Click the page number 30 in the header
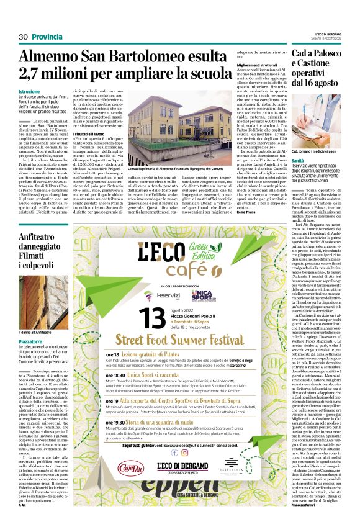click(x=24, y=37)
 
